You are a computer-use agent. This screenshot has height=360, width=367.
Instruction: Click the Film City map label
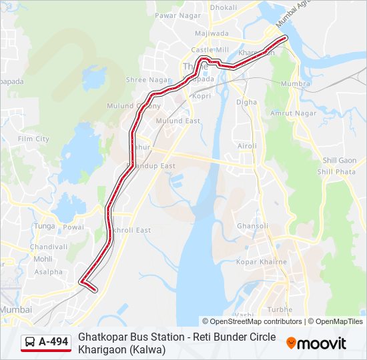(x=33, y=139)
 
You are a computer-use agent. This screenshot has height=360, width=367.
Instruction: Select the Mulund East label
(x=177, y=121)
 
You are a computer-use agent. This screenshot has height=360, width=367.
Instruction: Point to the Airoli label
(x=247, y=145)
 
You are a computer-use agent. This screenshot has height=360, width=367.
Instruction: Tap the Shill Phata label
(x=336, y=171)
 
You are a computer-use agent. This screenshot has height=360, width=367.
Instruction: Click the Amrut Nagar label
(x=293, y=113)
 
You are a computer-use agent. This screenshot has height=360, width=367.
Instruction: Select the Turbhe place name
(x=280, y=310)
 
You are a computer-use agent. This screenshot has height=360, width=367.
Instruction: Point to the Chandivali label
(x=49, y=247)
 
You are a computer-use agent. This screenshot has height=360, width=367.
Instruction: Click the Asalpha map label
(x=48, y=272)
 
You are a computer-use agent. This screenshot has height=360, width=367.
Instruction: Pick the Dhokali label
(x=223, y=7)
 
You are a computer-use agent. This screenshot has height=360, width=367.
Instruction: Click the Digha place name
(x=246, y=102)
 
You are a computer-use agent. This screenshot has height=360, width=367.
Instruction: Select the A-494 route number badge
(x=53, y=342)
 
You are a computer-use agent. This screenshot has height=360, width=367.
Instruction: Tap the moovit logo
(x=316, y=343)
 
